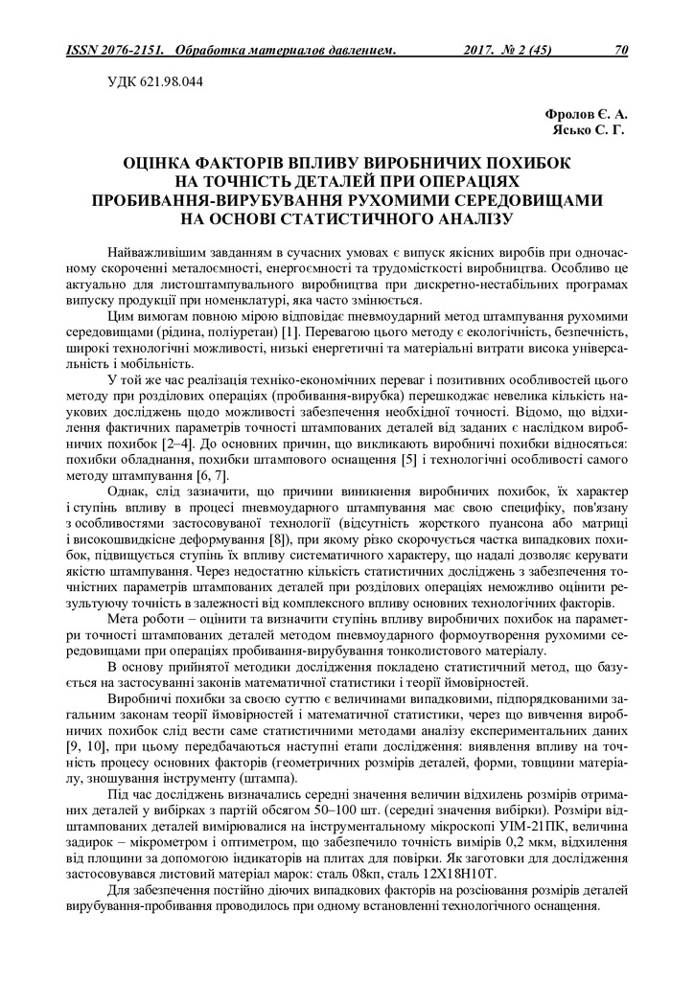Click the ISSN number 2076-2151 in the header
click(129, 49)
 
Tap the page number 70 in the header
click(620, 49)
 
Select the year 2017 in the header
click(481, 49)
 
